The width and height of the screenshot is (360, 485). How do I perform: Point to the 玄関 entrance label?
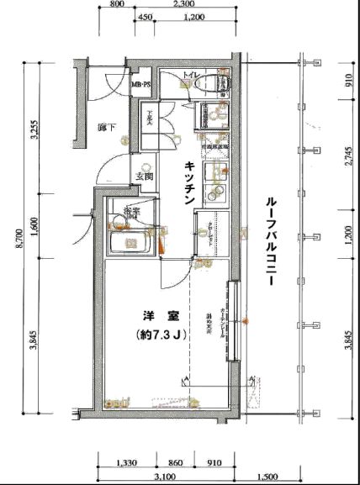143,177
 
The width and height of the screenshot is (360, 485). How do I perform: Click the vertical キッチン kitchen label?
190,182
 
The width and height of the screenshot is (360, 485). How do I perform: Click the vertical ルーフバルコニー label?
272,245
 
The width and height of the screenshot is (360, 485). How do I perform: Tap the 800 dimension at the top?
118,4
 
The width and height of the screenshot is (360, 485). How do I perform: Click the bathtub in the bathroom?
130,245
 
